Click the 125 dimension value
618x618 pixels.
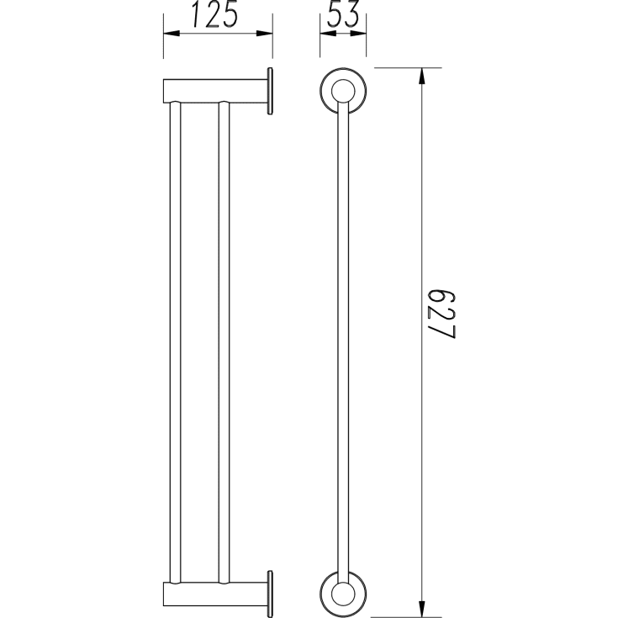(x=214, y=15)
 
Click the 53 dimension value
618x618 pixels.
(x=343, y=14)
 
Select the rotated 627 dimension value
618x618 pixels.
(x=441, y=315)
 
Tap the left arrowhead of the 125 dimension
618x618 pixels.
(x=172, y=34)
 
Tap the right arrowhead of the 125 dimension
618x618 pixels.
(x=265, y=34)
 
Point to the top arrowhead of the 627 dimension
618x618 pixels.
(x=422, y=76)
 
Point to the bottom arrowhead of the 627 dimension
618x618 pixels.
(x=422, y=609)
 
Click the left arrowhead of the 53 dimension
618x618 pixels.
(x=328, y=34)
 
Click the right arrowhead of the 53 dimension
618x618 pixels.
(x=358, y=34)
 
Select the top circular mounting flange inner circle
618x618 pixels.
(x=343, y=91)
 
